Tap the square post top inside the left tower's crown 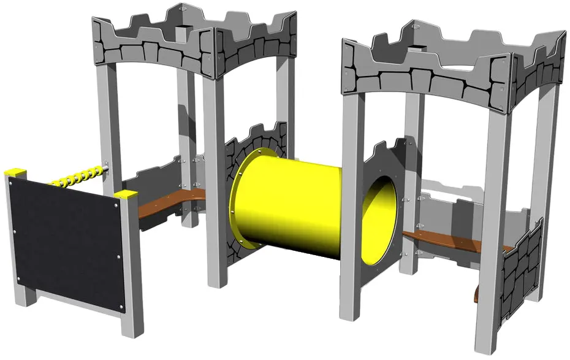point(182,29)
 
